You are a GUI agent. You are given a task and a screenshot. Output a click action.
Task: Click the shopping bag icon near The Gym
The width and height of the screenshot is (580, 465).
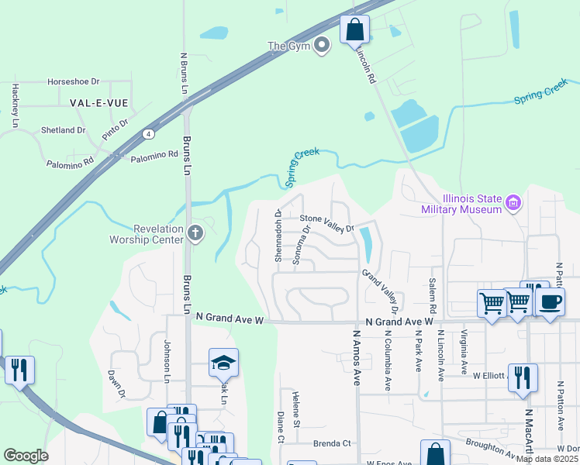tap(354, 30)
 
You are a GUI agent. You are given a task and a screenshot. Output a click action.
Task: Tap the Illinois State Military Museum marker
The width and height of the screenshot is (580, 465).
tap(512, 204)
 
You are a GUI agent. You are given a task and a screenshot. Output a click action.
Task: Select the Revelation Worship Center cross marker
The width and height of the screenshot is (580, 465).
tap(195, 233)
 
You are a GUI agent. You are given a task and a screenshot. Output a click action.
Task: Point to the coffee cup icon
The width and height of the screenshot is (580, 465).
tap(550, 302)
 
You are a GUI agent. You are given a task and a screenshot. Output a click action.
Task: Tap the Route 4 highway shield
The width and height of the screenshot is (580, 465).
tap(147, 133)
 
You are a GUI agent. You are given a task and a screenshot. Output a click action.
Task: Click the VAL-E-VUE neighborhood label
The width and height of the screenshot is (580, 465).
tap(99, 102)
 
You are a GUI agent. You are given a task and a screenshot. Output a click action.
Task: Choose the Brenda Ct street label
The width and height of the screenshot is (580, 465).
tap(332, 444)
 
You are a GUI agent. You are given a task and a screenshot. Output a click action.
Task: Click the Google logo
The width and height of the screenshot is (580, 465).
tap(26, 456)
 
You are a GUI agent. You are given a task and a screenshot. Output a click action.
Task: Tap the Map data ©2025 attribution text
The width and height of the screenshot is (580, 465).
tap(547, 459)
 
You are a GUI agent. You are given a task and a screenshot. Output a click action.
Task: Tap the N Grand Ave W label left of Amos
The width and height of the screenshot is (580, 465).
tap(230, 318)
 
